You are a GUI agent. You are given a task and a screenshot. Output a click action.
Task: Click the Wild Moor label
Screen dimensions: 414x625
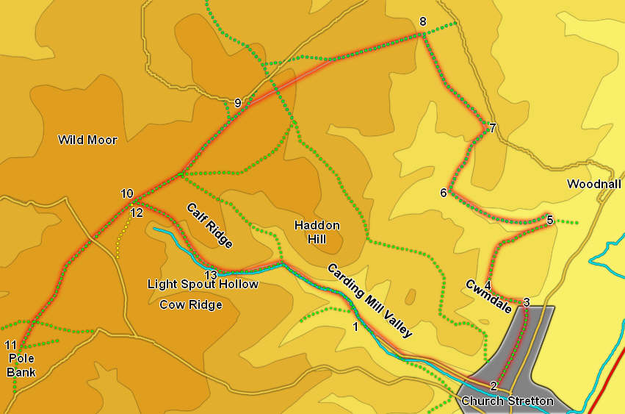[x=87, y=140]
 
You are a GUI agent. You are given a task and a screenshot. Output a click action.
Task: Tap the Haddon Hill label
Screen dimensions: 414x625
[x=317, y=231]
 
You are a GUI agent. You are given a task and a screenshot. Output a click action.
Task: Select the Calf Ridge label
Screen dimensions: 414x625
[x=209, y=226]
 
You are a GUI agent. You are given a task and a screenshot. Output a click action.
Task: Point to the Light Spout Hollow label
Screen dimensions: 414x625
[x=203, y=284]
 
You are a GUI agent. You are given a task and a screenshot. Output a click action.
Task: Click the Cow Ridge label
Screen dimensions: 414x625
[x=190, y=304]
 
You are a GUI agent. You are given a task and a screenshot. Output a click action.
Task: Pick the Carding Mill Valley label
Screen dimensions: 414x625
[x=369, y=301]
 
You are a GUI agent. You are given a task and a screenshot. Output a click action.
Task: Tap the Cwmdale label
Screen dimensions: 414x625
[x=488, y=296]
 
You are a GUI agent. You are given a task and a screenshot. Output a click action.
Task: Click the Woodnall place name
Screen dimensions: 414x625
[x=594, y=184]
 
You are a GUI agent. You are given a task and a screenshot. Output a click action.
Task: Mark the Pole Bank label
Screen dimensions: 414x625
[x=21, y=365]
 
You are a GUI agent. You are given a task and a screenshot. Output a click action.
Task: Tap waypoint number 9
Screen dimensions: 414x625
[x=237, y=103]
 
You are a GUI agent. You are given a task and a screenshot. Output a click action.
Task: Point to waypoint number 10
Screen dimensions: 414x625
[x=127, y=193]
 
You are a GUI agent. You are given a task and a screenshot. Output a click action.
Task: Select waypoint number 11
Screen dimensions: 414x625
[x=10, y=345]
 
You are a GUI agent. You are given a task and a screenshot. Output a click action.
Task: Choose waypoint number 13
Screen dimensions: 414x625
[x=211, y=274]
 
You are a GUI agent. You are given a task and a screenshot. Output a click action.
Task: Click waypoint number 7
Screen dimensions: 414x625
[x=493, y=128]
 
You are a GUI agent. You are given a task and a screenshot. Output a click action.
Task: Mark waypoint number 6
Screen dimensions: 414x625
[x=443, y=193]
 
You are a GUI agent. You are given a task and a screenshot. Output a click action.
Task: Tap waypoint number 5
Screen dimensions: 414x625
[x=549, y=219]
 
